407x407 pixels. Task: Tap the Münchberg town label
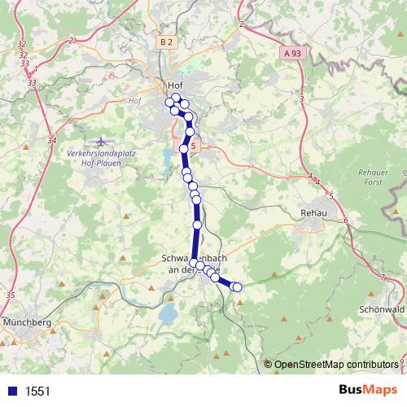click(28, 322)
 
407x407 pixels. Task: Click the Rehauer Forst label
click(375, 178)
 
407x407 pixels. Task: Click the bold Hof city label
click(174, 85)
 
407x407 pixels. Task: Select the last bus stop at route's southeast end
click(238, 287)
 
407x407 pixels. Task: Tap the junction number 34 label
click(52, 141)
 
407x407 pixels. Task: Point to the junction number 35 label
click(10, 295)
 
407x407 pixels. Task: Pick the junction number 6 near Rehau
click(346, 221)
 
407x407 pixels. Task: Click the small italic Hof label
click(135, 101)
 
